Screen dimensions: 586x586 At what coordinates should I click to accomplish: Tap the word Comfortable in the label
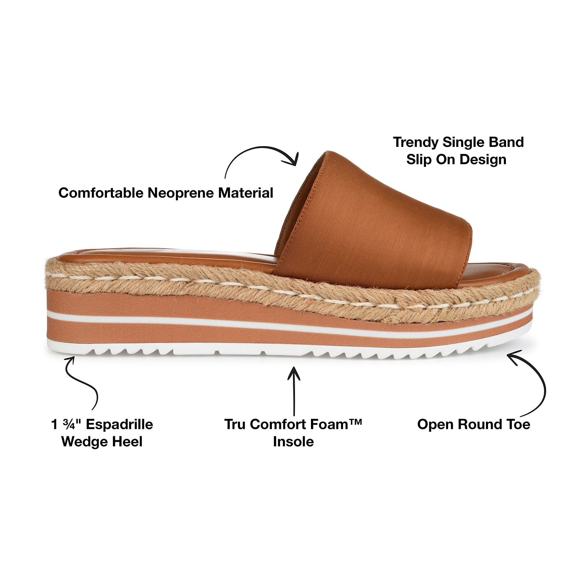(x=101, y=193)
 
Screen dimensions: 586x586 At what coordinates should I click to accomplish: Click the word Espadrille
(x=120, y=424)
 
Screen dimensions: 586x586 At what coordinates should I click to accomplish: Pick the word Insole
(x=293, y=442)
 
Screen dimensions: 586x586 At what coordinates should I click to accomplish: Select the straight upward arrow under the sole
(x=294, y=391)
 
